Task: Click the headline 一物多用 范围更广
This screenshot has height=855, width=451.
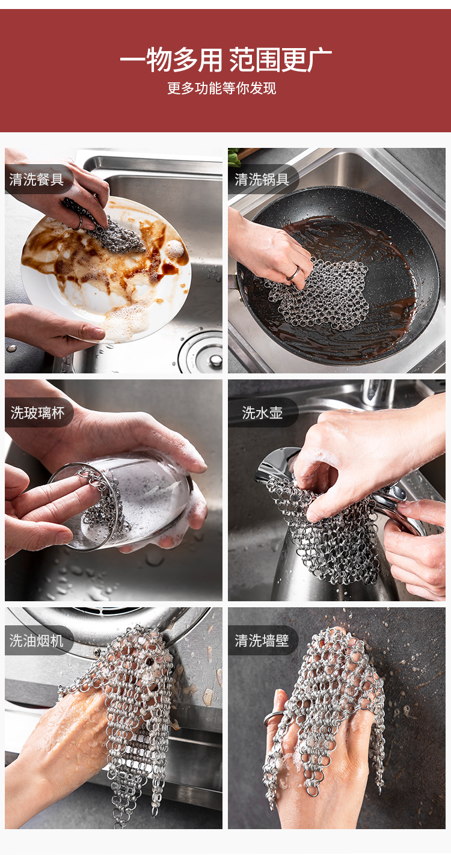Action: coord(226,60)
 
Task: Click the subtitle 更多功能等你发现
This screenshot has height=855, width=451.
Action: coord(221,88)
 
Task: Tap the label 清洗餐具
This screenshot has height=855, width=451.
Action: coord(36,179)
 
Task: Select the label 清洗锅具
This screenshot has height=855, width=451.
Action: coord(262,179)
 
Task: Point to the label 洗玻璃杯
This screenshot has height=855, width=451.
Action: coord(37,412)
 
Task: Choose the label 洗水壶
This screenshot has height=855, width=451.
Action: coord(262,412)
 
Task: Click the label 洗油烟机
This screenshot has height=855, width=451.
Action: coord(36,641)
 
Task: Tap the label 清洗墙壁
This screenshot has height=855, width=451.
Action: coord(262,641)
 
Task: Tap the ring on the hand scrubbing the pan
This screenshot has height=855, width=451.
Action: coord(293,272)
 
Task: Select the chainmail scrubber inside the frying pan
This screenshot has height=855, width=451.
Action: coord(321,293)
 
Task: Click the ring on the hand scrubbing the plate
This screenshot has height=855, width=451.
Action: coord(78,222)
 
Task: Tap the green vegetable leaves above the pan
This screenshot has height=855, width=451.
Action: coord(235,158)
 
